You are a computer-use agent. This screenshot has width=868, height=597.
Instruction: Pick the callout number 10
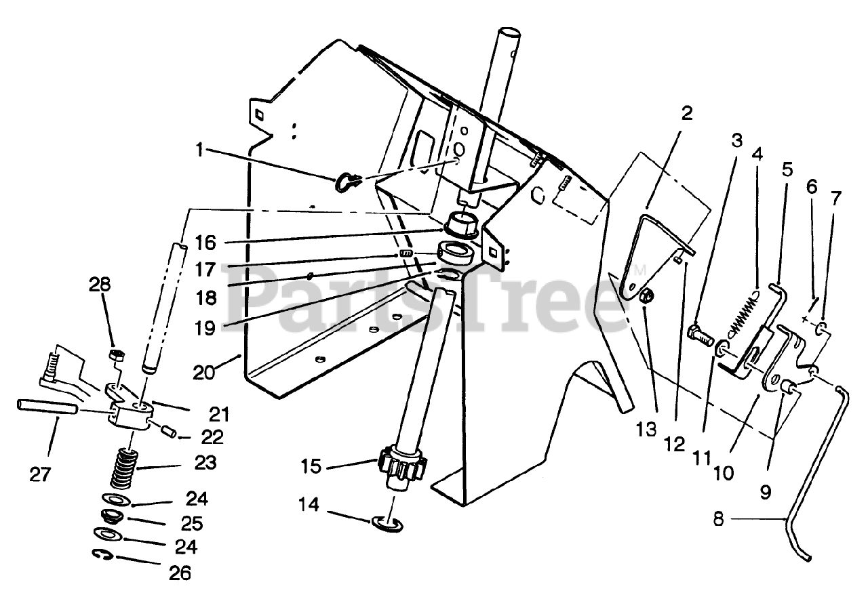[723, 472]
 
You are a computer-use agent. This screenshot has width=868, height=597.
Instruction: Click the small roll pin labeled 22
[169, 431]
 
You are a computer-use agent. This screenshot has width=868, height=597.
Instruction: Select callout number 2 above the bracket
[687, 113]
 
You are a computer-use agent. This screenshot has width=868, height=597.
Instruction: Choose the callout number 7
[835, 199]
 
